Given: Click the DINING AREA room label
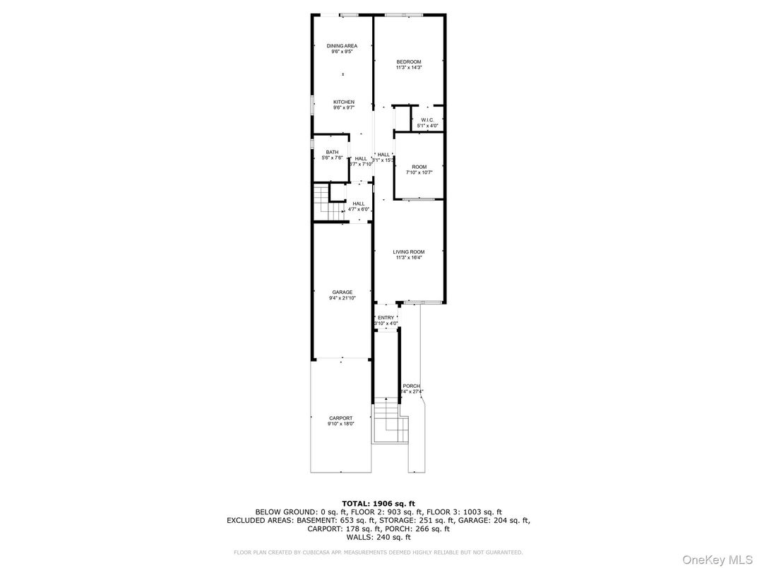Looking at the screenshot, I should pyautogui.click(x=342, y=46).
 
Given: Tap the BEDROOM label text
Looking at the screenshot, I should pyautogui.click(x=408, y=62).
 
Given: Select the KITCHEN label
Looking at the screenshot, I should pyautogui.click(x=344, y=102).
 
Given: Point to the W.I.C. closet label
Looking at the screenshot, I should pyautogui.click(x=427, y=120).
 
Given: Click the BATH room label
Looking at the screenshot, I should pyautogui.click(x=332, y=153).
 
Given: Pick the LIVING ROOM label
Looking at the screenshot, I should pyautogui.click(x=409, y=252).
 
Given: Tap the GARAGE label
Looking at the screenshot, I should pyautogui.click(x=342, y=292).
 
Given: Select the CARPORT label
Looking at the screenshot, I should pyautogui.click(x=340, y=418).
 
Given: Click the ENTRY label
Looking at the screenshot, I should pyautogui.click(x=386, y=318).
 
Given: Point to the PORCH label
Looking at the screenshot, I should pyautogui.click(x=412, y=386).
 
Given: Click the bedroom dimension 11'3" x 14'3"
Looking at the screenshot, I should pyautogui.click(x=408, y=68).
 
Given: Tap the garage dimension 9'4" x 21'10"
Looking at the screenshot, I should pyautogui.click(x=342, y=298).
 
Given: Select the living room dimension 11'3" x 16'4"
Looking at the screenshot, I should pyautogui.click(x=409, y=258).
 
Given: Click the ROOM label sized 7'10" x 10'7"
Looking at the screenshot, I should pyautogui.click(x=419, y=167).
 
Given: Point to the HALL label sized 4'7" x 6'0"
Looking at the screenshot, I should pyautogui.click(x=359, y=203).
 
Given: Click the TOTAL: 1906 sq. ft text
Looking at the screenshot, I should pyautogui.click(x=378, y=503).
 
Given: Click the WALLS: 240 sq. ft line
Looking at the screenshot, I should pyautogui.click(x=378, y=537).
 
